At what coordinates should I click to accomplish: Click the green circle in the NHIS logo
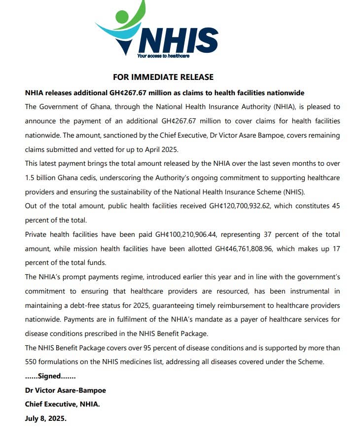[122, 16]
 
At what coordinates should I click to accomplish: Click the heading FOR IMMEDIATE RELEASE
[163, 77]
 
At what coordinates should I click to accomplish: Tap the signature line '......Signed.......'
[50, 376]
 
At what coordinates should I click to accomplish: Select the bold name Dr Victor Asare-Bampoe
[65, 390]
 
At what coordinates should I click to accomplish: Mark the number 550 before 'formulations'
[32, 362]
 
